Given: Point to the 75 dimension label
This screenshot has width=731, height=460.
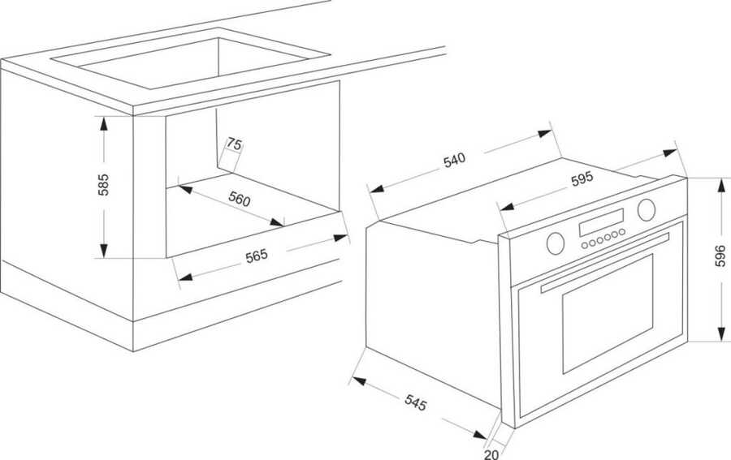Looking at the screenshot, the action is tap(235, 144).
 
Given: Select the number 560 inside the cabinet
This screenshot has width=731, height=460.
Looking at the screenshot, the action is tap(239, 199).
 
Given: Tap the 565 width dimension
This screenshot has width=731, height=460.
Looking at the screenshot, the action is tap(257, 256).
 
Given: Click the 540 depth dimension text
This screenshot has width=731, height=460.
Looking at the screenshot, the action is tap(454, 160).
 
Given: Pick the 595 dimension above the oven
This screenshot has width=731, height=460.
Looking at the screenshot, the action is tap(582, 178).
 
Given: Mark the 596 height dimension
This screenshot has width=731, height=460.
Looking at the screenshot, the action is tap(720, 256).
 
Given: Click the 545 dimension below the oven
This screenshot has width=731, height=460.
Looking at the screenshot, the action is tap(415, 402).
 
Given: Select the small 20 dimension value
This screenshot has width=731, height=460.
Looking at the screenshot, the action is tap(491, 454).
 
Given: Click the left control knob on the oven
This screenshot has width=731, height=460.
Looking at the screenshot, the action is tap(556, 243).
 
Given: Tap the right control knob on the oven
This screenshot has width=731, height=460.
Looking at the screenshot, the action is tap(647, 209).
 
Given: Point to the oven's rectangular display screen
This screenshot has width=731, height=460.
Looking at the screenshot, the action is tap(601, 222).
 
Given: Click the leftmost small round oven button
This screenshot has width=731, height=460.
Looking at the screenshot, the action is tap(585, 245).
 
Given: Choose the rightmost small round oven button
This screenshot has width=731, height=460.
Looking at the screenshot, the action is tap(621, 232).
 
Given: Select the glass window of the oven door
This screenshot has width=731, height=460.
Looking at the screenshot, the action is tap(608, 314).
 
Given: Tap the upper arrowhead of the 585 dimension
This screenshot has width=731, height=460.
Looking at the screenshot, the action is tap(103, 123).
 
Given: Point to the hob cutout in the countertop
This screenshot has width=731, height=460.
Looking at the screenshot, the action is tap(190, 58).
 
